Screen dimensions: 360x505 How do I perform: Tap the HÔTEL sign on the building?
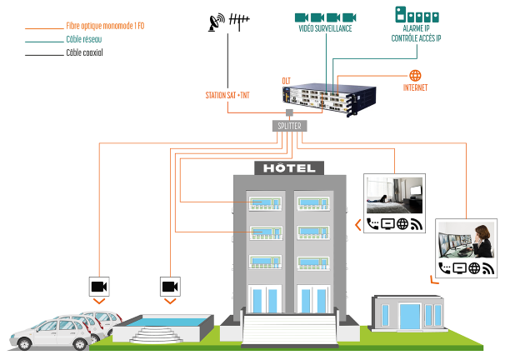click(287, 168)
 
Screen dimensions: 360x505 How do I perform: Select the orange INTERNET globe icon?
click(415, 76)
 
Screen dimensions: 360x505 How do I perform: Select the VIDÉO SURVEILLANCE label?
click(324, 28)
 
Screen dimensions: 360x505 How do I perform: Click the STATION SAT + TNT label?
click(227, 96)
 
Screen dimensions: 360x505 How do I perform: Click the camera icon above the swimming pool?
click(170, 286)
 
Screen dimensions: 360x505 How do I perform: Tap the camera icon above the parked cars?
click(100, 286)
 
